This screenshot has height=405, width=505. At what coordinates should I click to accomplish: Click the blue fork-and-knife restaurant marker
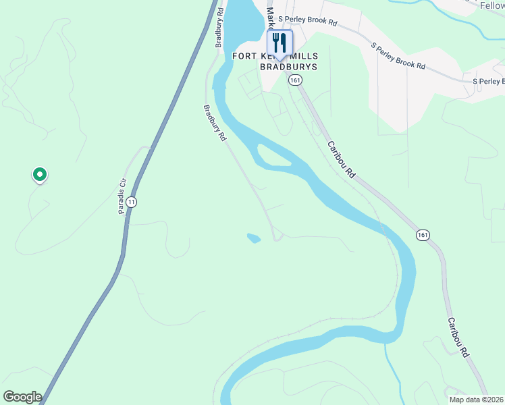point(280,44)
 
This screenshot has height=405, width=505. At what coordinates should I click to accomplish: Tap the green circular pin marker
point(40,175)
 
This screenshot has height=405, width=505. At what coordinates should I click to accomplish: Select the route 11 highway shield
point(132,202)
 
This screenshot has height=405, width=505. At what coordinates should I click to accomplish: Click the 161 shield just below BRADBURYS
point(294,80)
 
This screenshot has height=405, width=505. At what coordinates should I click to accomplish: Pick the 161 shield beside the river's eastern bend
point(423,235)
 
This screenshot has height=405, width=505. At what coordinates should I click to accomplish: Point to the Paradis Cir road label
point(123,196)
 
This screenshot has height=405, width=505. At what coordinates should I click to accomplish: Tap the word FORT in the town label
point(244,56)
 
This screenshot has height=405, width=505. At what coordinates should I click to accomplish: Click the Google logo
point(22,397)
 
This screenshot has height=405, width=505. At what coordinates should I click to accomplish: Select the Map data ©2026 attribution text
point(476,400)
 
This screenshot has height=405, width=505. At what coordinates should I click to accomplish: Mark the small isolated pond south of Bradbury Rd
point(254,238)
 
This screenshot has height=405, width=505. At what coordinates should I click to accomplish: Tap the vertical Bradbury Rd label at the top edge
point(219,27)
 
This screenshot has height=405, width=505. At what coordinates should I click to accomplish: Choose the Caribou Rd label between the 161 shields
point(342,159)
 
